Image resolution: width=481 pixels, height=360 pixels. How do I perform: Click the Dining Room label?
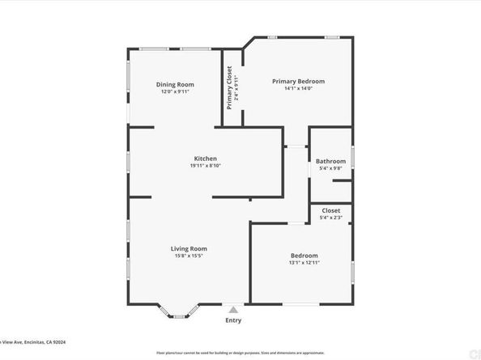(174, 84)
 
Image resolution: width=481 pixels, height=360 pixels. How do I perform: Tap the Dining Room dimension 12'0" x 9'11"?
(174, 91)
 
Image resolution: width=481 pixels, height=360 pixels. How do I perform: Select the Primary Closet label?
(229, 87)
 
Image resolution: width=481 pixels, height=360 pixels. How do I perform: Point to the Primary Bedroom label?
(298, 81)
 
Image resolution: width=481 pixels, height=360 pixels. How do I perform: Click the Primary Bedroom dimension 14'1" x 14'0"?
(298, 88)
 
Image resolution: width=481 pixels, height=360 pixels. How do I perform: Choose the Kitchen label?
(205, 158)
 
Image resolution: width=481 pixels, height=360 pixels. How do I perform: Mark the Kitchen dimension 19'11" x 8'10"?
(205, 165)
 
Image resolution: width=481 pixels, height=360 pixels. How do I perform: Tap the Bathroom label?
(330, 161)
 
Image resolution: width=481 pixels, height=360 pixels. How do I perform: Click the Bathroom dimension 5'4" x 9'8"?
(330, 168)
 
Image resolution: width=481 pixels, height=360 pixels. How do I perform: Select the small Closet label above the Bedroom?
(330, 210)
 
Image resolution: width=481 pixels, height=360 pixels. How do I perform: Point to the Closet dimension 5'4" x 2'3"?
(330, 217)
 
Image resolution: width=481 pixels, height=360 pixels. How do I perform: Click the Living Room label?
(189, 248)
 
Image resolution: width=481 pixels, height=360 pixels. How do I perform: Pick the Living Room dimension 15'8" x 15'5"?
(189, 256)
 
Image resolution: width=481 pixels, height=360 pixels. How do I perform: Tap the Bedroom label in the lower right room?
(304, 255)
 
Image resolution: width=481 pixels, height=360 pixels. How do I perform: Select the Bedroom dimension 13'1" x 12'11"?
(304, 262)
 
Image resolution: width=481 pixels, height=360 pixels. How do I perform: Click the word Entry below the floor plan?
(233, 320)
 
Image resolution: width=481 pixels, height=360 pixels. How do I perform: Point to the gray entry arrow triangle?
(233, 309)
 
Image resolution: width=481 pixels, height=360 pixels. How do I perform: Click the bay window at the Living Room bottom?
(182, 313)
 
